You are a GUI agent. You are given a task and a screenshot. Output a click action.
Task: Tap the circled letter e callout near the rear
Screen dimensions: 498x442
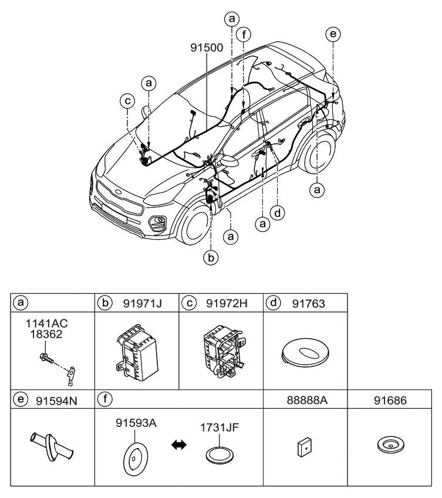333,35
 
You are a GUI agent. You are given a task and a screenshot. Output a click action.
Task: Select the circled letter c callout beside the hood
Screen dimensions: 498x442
127,102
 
